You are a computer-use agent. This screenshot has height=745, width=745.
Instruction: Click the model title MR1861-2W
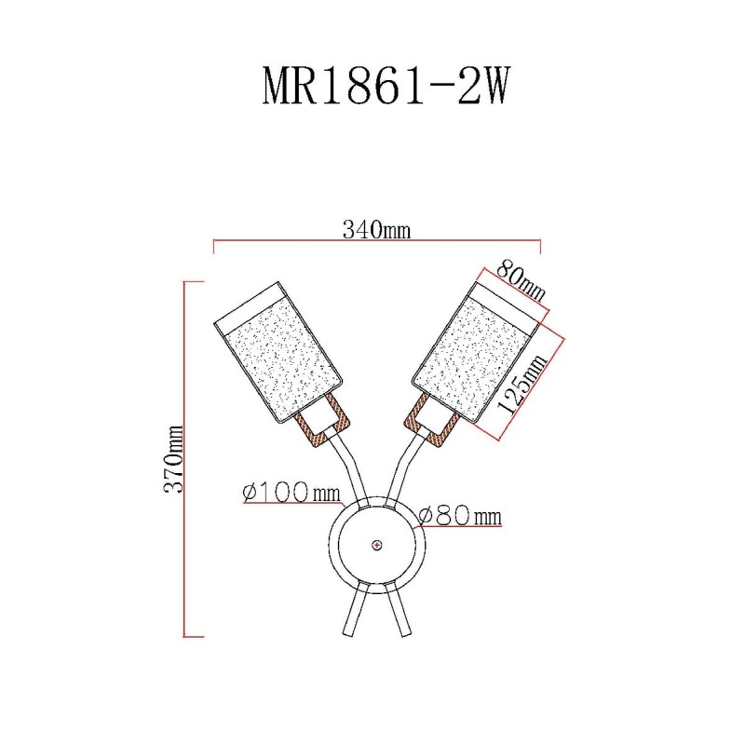click(x=386, y=86)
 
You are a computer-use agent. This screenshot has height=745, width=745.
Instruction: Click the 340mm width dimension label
click(x=376, y=230)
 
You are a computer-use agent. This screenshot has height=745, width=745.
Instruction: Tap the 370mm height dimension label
click(x=173, y=459)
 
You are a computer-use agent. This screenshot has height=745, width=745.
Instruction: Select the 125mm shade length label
click(x=521, y=385)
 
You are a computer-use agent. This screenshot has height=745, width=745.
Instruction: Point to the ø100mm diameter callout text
click(x=291, y=493)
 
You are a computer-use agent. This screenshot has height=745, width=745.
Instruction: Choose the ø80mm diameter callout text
click(x=460, y=516)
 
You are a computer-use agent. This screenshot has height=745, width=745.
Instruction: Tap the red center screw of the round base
click(x=377, y=545)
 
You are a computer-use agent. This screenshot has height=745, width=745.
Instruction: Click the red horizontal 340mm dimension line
click(x=377, y=240)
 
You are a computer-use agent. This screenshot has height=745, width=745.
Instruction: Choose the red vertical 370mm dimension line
click(x=184, y=459)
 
